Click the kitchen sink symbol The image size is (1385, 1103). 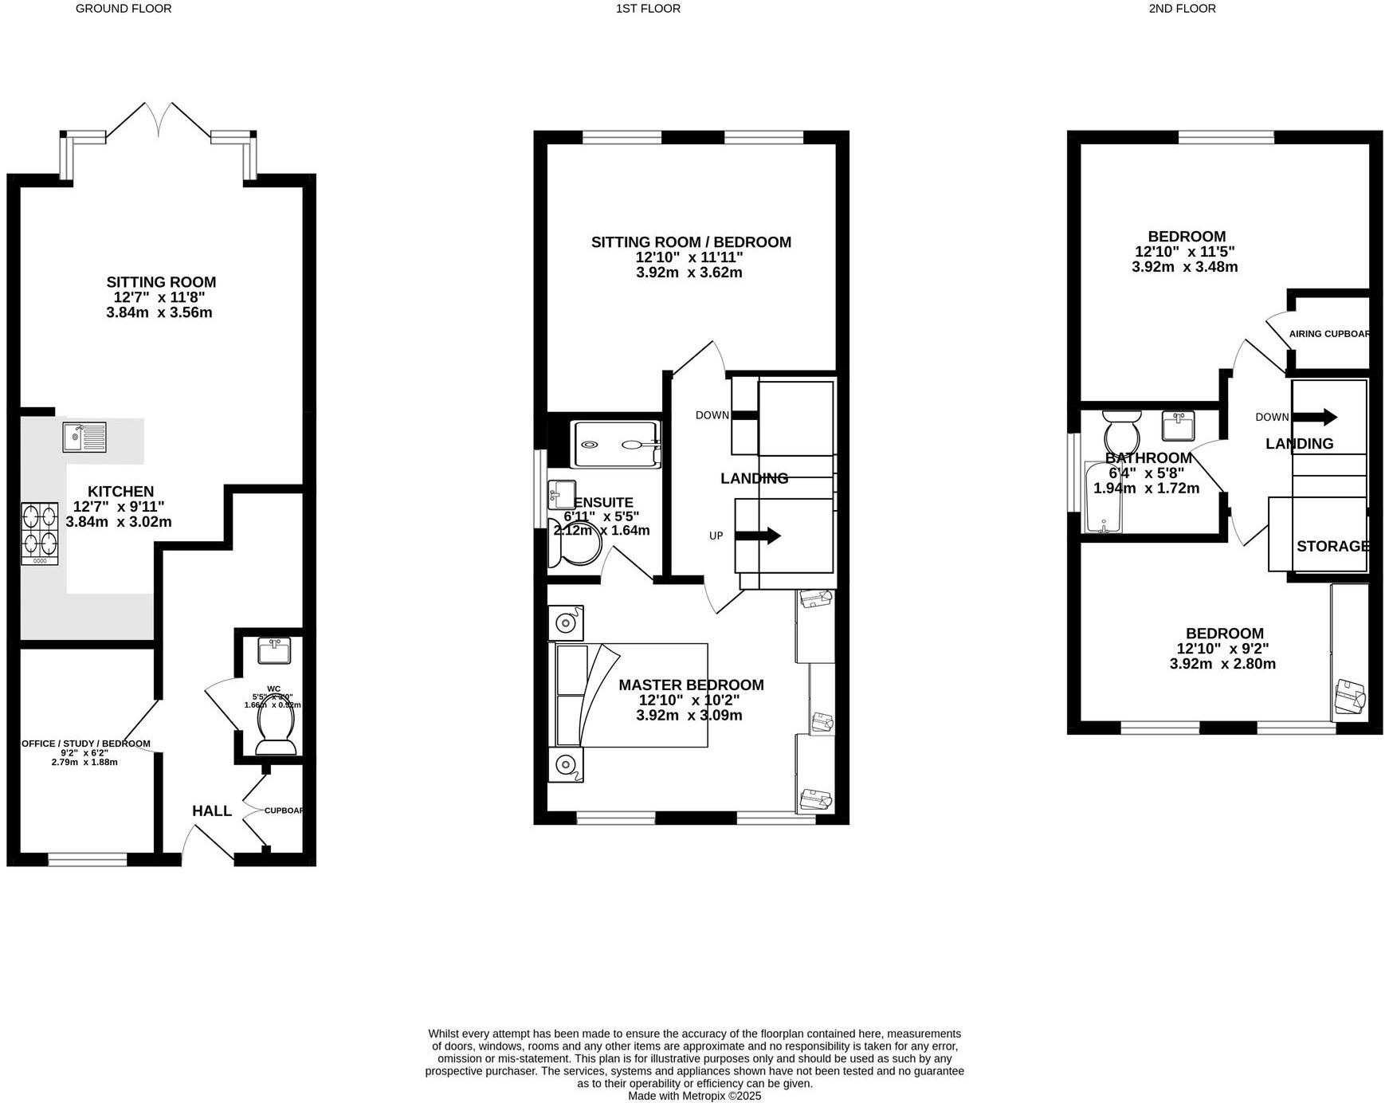click(x=84, y=437)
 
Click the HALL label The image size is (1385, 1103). click(x=212, y=811)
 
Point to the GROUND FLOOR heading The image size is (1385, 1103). click(x=124, y=9)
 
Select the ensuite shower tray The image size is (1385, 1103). click(x=617, y=445)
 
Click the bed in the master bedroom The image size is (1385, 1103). click(x=629, y=695)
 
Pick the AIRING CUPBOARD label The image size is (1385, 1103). click(x=1329, y=334)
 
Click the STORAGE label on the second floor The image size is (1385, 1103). click(x=1332, y=546)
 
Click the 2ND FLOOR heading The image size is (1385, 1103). click(x=1182, y=9)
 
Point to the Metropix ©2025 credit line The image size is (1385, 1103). click(x=694, y=1096)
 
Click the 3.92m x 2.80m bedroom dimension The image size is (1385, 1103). click(x=1222, y=664)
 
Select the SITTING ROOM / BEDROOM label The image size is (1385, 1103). click(x=691, y=242)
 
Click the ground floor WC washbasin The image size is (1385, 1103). click(x=274, y=651)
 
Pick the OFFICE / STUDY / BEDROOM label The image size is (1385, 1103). click(x=86, y=744)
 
